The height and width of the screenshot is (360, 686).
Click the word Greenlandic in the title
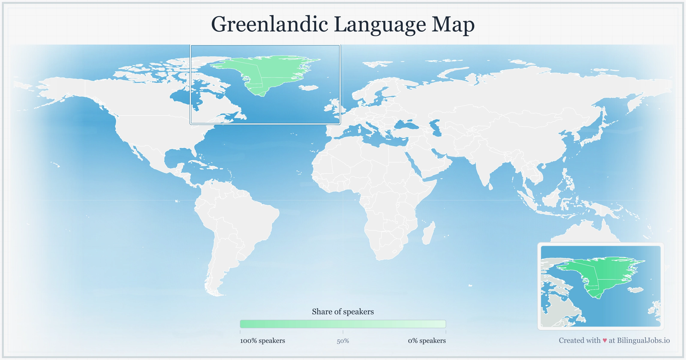(x=269, y=24)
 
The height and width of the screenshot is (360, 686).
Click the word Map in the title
(x=453, y=24)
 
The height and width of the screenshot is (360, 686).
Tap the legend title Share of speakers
(x=343, y=312)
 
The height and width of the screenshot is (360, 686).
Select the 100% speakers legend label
(x=262, y=340)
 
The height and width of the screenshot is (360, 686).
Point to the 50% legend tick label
(x=343, y=341)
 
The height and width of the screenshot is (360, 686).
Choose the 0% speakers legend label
(x=427, y=340)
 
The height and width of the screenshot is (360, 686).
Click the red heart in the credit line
(x=605, y=340)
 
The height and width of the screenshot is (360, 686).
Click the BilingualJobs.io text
(x=643, y=340)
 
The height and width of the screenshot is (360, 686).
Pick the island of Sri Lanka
(x=490, y=186)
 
